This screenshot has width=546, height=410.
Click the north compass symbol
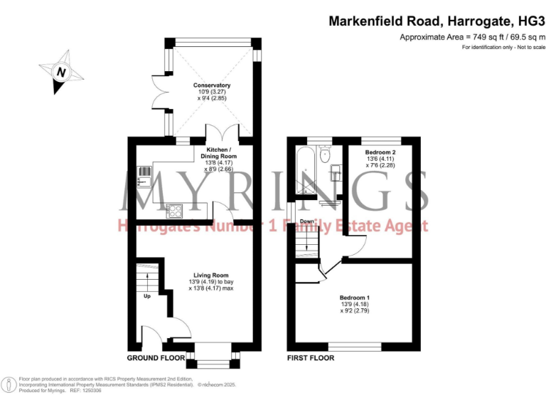point(62,72)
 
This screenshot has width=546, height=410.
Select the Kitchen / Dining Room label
point(218,153)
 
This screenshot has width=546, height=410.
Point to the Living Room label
point(211,275)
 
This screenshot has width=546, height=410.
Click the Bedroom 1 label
point(353,297)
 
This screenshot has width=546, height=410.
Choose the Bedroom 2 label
point(380,152)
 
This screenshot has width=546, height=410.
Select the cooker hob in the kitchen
point(173,210)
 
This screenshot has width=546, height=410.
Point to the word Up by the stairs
point(147,296)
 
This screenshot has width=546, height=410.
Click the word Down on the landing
point(306,221)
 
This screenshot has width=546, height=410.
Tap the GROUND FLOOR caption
point(155,357)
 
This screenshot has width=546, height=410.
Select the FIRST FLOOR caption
point(311,357)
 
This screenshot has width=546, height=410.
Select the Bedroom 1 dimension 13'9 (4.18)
point(353,304)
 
